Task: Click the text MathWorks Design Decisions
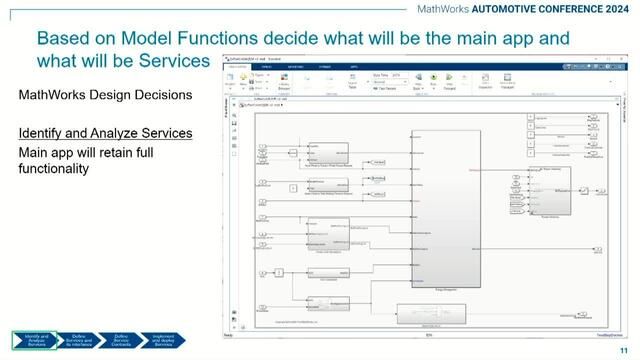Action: tap(98, 96)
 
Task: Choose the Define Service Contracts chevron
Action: tap(121, 339)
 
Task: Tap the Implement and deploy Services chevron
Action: tap(164, 339)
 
